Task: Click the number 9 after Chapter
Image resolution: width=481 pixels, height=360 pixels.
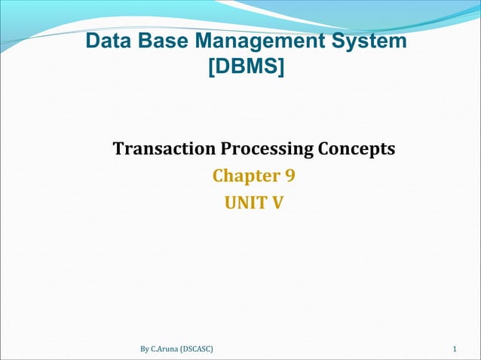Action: point(290,175)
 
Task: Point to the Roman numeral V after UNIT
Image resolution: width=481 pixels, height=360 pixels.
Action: point(277,202)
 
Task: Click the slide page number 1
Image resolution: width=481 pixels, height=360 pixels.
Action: point(455,349)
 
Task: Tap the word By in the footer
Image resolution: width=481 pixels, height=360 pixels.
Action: point(145,349)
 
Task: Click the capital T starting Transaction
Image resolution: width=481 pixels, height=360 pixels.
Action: point(118,148)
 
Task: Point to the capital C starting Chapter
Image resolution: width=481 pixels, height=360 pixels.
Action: point(219,175)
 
